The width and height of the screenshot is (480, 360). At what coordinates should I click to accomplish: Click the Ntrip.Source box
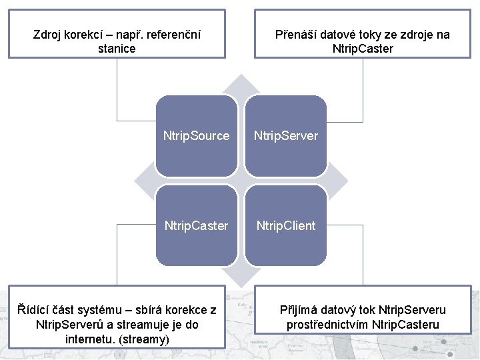coord(197,136)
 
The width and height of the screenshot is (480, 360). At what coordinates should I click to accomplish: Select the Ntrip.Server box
coord(285,136)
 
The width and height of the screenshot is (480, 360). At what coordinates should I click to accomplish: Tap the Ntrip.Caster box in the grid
coord(197,226)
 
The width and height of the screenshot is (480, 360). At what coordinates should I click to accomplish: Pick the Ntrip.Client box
coord(285,226)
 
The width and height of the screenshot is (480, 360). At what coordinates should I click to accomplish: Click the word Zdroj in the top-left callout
coord(47,35)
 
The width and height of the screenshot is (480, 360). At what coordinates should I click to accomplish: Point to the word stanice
coord(117,49)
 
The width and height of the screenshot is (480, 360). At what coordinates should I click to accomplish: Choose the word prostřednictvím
coord(328,325)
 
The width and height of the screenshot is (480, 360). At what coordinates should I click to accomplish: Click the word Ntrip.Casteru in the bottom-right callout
coord(405,325)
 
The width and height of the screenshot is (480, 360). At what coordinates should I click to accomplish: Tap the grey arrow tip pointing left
coord(141,181)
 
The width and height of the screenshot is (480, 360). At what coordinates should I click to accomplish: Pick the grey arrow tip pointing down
coord(241,276)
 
